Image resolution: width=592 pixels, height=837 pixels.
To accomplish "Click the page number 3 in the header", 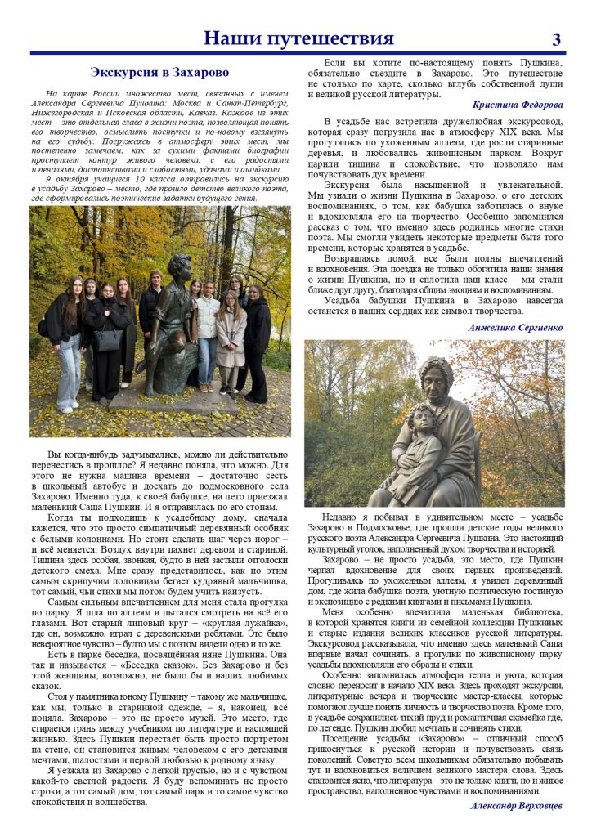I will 557,38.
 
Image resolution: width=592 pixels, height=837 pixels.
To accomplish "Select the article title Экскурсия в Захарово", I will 159,72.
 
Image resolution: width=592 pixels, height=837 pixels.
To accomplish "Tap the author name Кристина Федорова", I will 518,105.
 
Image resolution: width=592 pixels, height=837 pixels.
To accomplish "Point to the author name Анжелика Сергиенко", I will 516,327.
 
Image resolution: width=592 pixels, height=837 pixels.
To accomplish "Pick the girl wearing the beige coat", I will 231,335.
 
